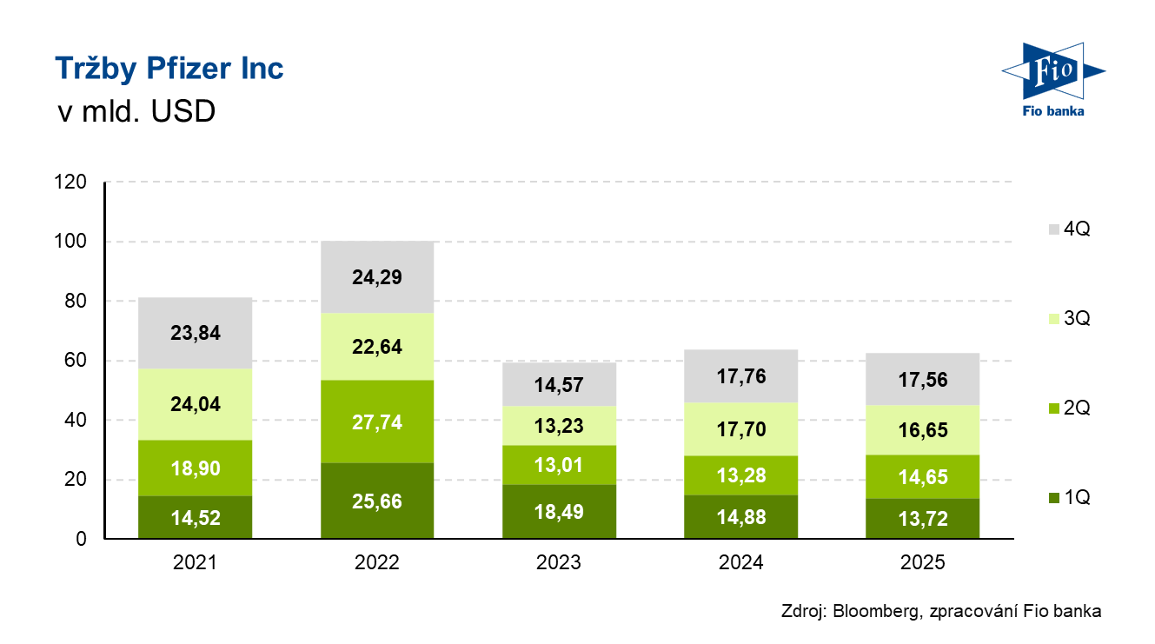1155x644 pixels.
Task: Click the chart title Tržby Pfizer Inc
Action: pyautogui.click(x=169, y=68)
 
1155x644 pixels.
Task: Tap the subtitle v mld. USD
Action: pyautogui.click(x=135, y=112)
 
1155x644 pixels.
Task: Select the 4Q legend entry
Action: pyautogui.click(x=1068, y=229)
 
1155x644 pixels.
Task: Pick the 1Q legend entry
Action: pyautogui.click(x=1068, y=498)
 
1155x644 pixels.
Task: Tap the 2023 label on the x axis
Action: pyautogui.click(x=559, y=563)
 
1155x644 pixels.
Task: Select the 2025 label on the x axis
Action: pyautogui.click(x=923, y=563)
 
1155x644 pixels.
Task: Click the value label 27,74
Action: pyautogui.click(x=377, y=423)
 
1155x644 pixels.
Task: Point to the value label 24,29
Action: pyautogui.click(x=377, y=278)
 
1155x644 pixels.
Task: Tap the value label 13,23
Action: pyautogui.click(x=559, y=426)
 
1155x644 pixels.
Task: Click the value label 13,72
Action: pyautogui.click(x=923, y=520)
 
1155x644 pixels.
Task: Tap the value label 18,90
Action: pyautogui.click(x=196, y=469)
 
